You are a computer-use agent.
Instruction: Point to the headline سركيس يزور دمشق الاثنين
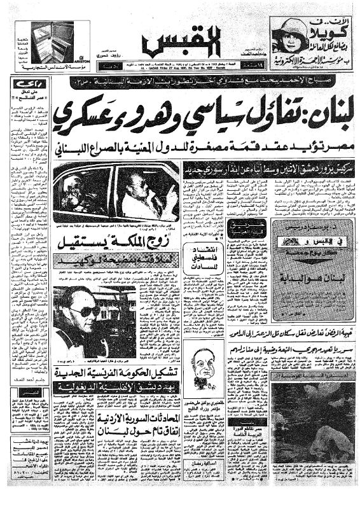(x=270, y=169)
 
